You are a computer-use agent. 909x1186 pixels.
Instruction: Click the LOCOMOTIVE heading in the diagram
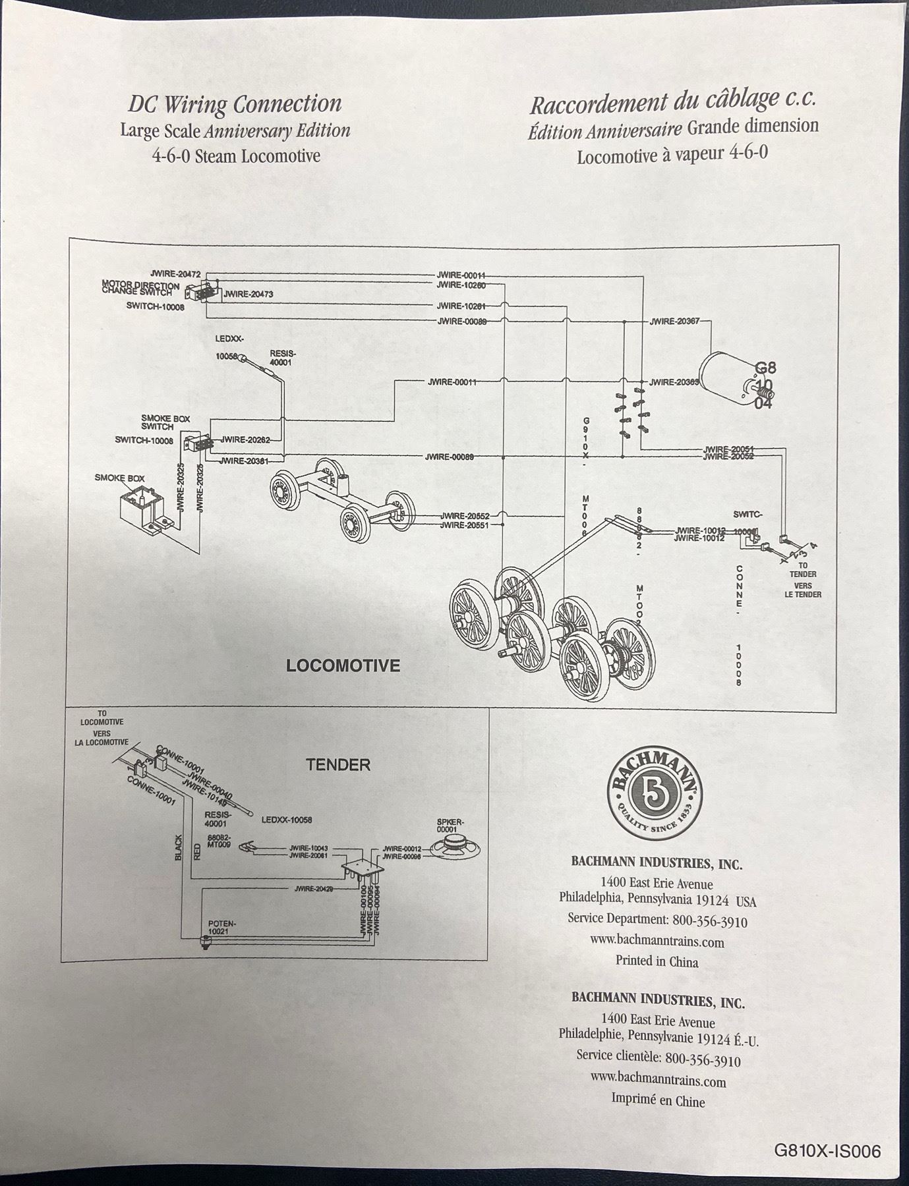tap(343, 665)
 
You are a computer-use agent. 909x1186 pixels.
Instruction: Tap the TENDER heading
tap(338, 765)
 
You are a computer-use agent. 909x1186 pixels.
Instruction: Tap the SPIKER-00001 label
tap(451, 826)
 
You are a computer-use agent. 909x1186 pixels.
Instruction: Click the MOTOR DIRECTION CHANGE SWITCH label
tap(140, 289)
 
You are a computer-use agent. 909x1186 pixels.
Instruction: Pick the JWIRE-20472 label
tap(175, 273)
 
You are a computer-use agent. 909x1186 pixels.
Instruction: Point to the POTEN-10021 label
tap(222, 928)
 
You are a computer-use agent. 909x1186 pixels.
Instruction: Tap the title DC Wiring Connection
tap(235, 105)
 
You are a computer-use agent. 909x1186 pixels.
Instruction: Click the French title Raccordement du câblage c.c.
tap(673, 102)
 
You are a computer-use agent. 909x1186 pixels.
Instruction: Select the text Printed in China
tap(657, 961)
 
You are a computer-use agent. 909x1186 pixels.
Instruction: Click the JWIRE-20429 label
tap(315, 889)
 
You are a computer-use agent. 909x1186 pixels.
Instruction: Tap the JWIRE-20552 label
tap(465, 516)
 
